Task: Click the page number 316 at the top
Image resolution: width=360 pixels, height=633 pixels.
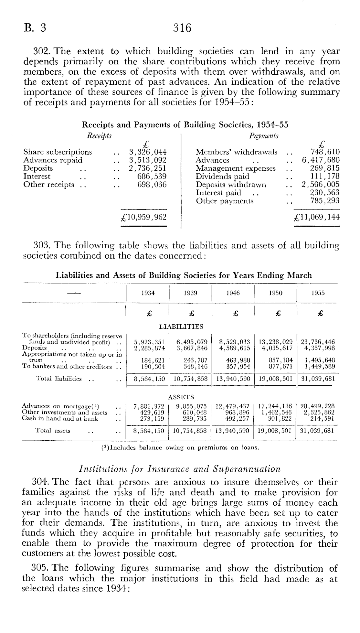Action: [182, 28]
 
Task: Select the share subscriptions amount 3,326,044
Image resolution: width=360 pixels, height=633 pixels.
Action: [148, 152]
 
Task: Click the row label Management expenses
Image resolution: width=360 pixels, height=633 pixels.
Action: [236, 168]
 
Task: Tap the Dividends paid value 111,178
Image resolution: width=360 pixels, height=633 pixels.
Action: [325, 177]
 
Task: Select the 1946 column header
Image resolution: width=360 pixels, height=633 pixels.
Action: [233, 293]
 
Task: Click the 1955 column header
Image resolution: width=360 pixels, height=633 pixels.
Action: [318, 293]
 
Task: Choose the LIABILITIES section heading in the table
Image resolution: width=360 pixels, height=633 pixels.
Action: [181, 327]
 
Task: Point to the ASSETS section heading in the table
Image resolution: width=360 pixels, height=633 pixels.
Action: [181, 397]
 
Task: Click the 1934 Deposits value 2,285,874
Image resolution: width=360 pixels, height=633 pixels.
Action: [149, 348]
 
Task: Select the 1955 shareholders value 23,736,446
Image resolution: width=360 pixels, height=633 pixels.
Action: [318, 342]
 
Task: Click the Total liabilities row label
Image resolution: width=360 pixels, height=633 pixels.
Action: [58, 379]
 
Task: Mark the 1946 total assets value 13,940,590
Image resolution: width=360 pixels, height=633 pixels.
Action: [233, 431]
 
